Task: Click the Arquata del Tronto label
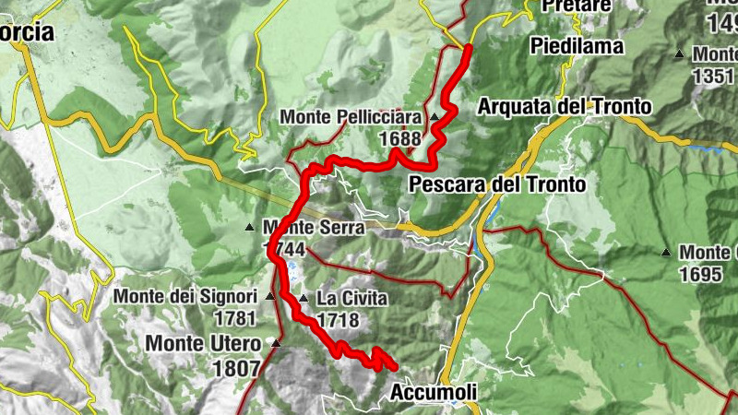click(x=564, y=107)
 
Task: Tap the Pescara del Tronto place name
click(x=498, y=184)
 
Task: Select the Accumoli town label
click(x=434, y=393)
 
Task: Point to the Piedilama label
click(x=577, y=45)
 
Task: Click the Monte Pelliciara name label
click(x=351, y=117)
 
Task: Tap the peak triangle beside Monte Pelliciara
click(x=434, y=117)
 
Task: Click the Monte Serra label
click(x=313, y=227)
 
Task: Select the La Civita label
click(x=351, y=299)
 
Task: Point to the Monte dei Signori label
click(x=185, y=297)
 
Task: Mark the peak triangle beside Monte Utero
click(x=275, y=343)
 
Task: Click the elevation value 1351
click(x=712, y=77)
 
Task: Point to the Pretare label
click(x=577, y=6)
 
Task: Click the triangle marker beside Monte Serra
click(x=249, y=227)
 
